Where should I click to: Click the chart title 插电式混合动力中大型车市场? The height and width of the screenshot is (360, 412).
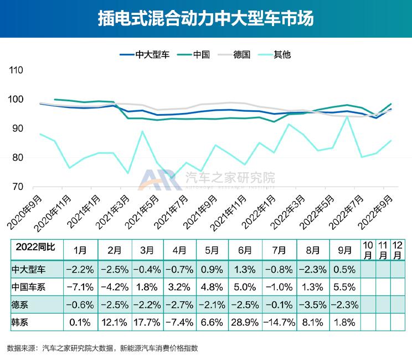click(x=205, y=18)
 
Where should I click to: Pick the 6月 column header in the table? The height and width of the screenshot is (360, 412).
click(x=247, y=250)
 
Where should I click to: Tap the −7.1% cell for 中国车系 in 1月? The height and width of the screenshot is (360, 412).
click(x=81, y=287)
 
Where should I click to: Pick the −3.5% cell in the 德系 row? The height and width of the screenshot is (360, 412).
click(x=313, y=305)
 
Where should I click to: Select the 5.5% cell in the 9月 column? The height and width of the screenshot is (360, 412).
click(x=347, y=287)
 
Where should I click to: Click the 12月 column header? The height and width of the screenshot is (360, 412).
click(x=398, y=250)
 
